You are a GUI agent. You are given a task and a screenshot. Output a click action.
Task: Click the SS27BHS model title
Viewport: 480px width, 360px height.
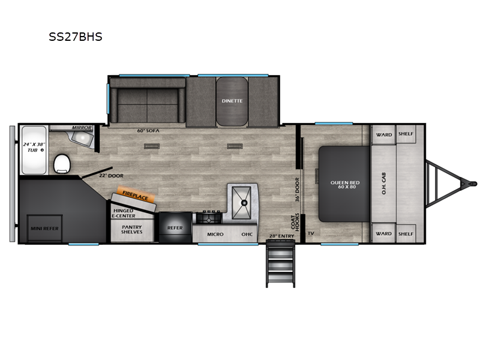pos(76,37)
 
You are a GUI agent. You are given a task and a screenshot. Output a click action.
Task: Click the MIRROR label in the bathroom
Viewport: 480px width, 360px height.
pos(81,128)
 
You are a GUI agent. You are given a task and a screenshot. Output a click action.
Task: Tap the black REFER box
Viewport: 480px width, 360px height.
pos(175,228)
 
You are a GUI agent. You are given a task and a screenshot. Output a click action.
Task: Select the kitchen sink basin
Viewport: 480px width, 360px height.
pos(244,202)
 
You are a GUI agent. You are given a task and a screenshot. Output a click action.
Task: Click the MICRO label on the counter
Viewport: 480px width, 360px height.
pos(215,233)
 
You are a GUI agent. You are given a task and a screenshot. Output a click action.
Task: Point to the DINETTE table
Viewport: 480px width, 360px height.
pos(231,101)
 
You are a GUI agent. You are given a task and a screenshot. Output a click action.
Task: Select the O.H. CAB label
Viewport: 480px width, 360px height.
pos(384,182)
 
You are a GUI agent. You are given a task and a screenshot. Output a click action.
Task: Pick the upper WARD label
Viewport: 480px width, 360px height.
pos(383,134)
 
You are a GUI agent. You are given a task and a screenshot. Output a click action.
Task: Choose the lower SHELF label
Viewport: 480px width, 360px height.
pos(406,233)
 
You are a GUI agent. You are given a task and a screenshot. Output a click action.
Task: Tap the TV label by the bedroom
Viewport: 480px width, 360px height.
pos(311,233)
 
